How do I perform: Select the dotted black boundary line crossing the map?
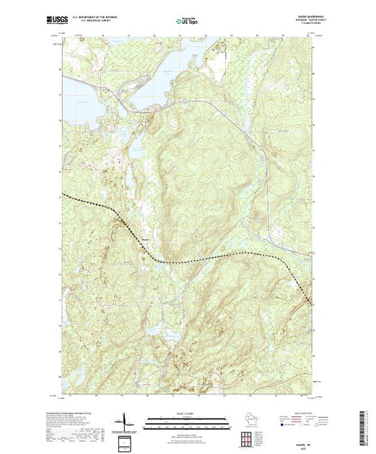point(217,257)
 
